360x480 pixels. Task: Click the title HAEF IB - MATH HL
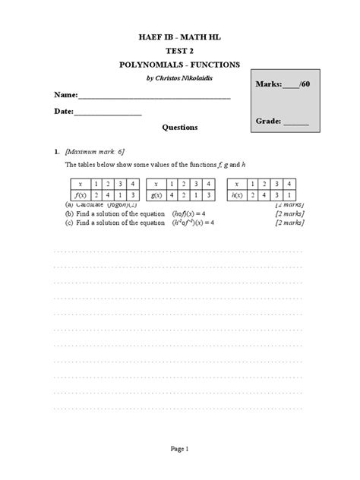coord(180,37)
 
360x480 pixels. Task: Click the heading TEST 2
coord(180,51)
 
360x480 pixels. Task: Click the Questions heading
coord(180,128)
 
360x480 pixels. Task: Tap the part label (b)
coord(69,213)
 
